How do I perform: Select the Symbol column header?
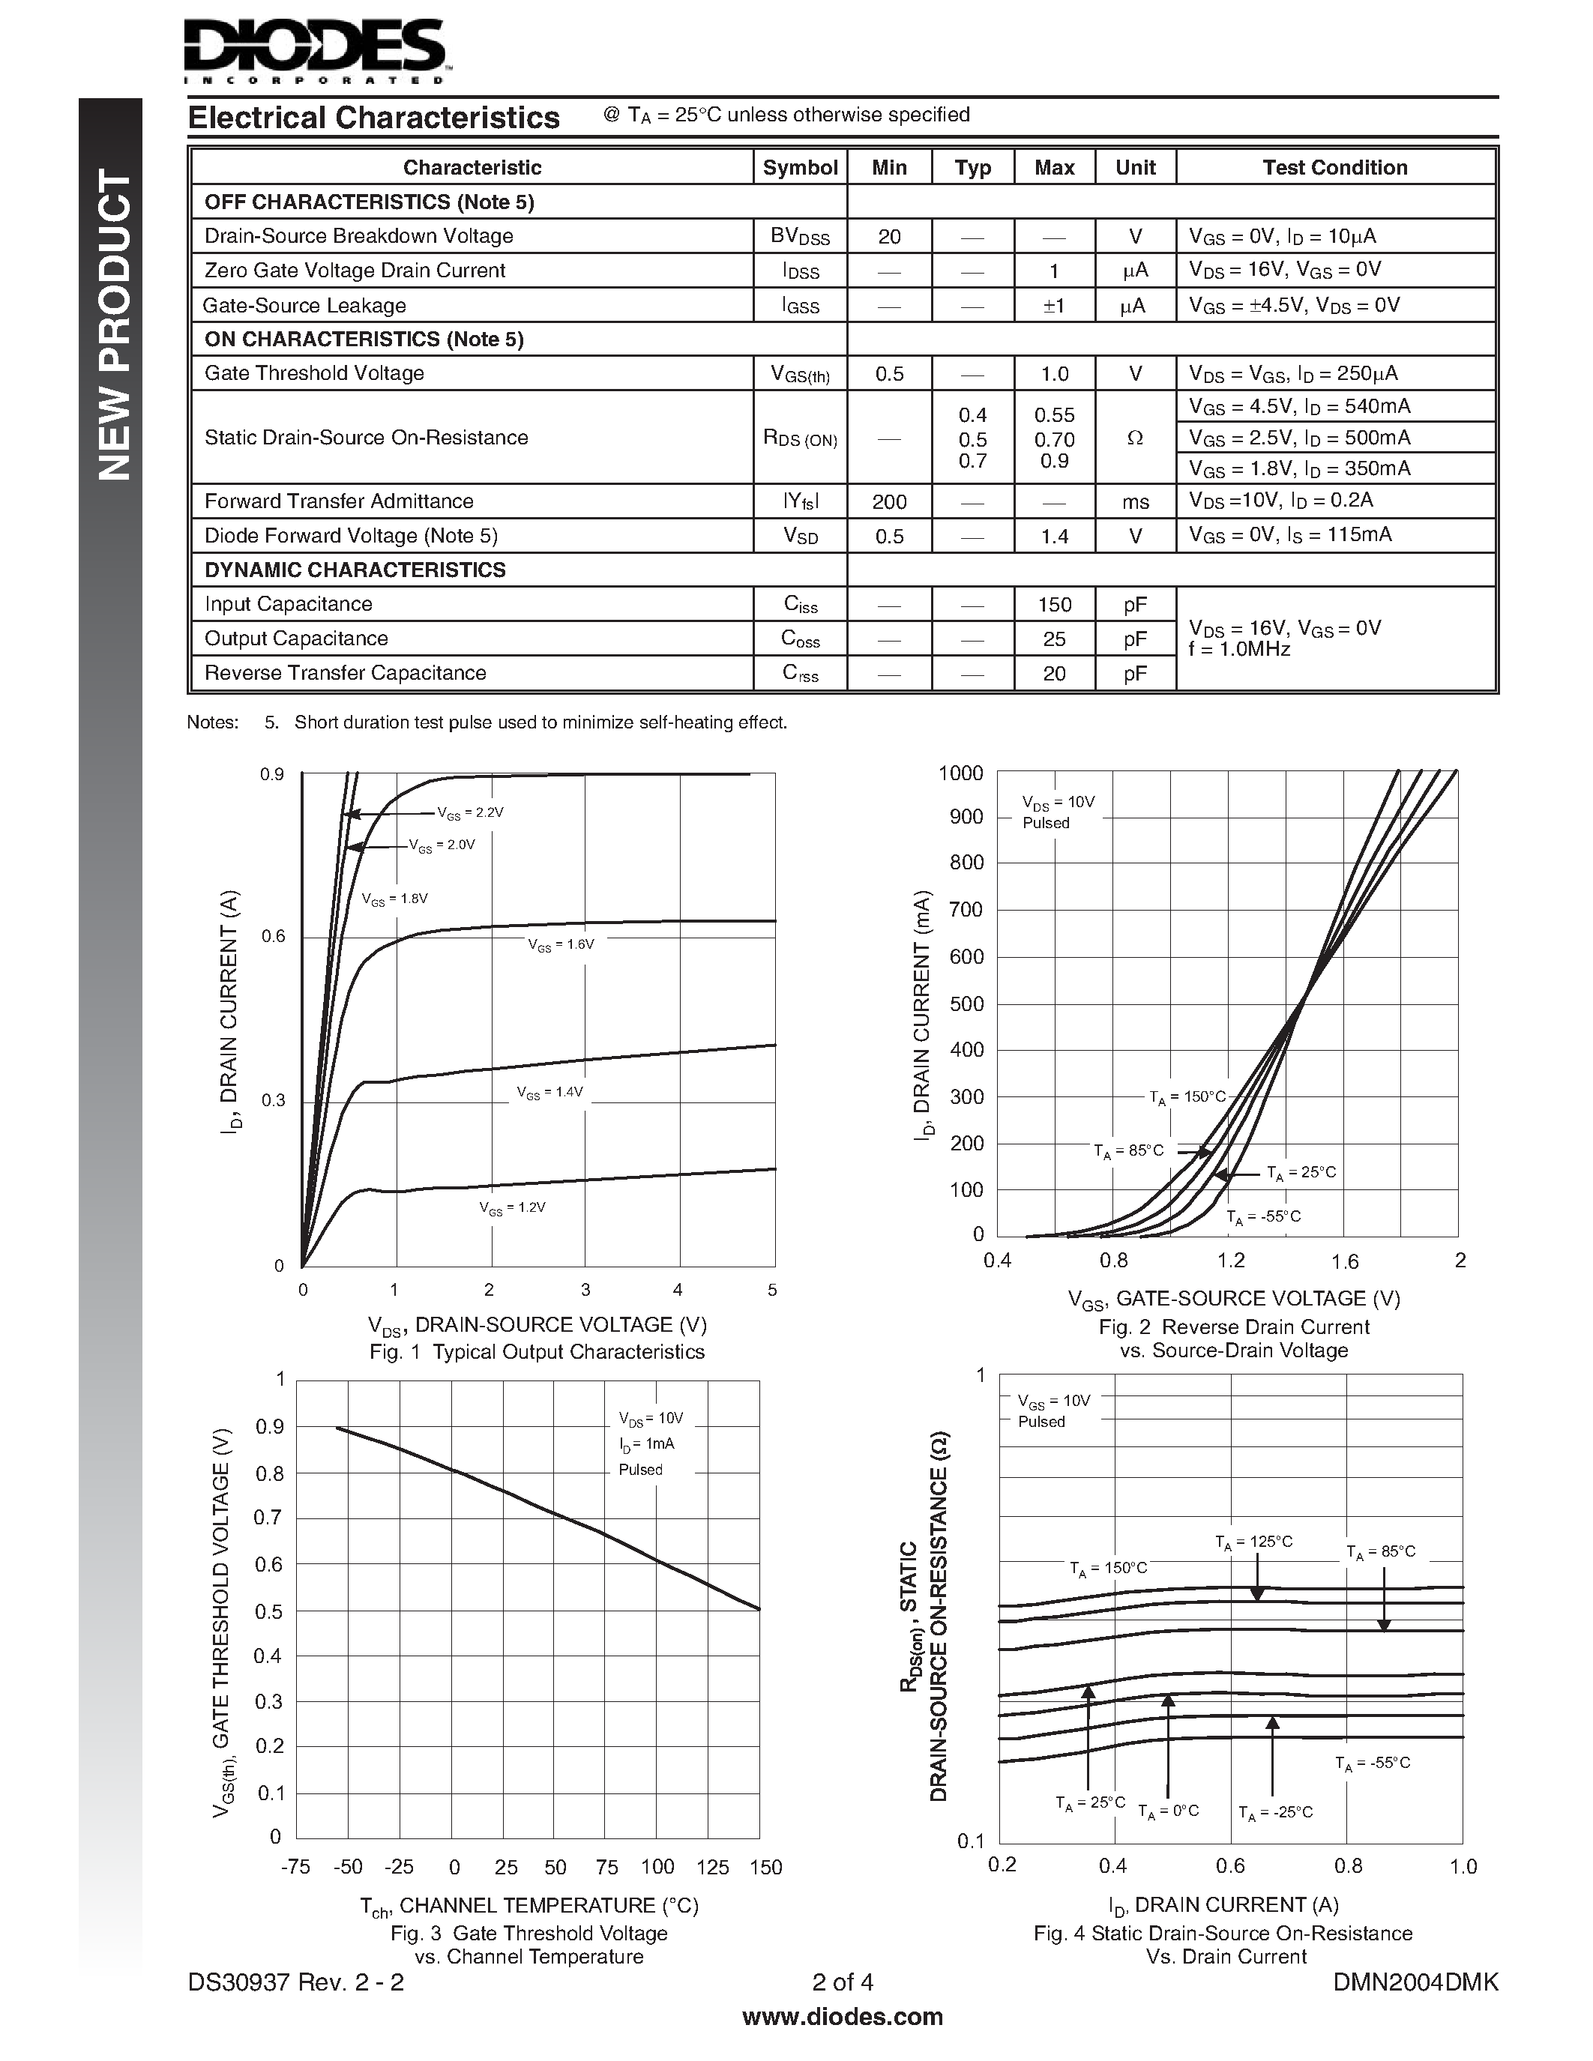tap(799, 168)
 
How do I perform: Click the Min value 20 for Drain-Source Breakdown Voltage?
tap(889, 237)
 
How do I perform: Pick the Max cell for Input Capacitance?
tap(1054, 605)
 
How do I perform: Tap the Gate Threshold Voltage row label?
tap(314, 374)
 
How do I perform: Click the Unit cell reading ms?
tap(1135, 502)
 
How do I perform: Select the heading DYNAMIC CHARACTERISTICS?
tap(355, 570)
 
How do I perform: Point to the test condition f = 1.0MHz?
tap(1239, 651)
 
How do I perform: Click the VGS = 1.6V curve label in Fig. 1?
tap(561, 944)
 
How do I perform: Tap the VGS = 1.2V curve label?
tap(513, 1208)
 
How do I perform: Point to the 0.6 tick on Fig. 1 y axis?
tap(273, 937)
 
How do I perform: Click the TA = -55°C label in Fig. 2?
tap(1262, 1217)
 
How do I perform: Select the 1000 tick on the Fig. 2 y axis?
tap(961, 774)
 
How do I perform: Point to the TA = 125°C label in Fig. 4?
tap(1253, 1543)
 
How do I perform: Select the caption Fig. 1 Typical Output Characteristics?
tap(537, 1352)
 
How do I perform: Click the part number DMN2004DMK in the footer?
tap(1415, 1982)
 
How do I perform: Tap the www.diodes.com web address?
tap(843, 2018)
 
